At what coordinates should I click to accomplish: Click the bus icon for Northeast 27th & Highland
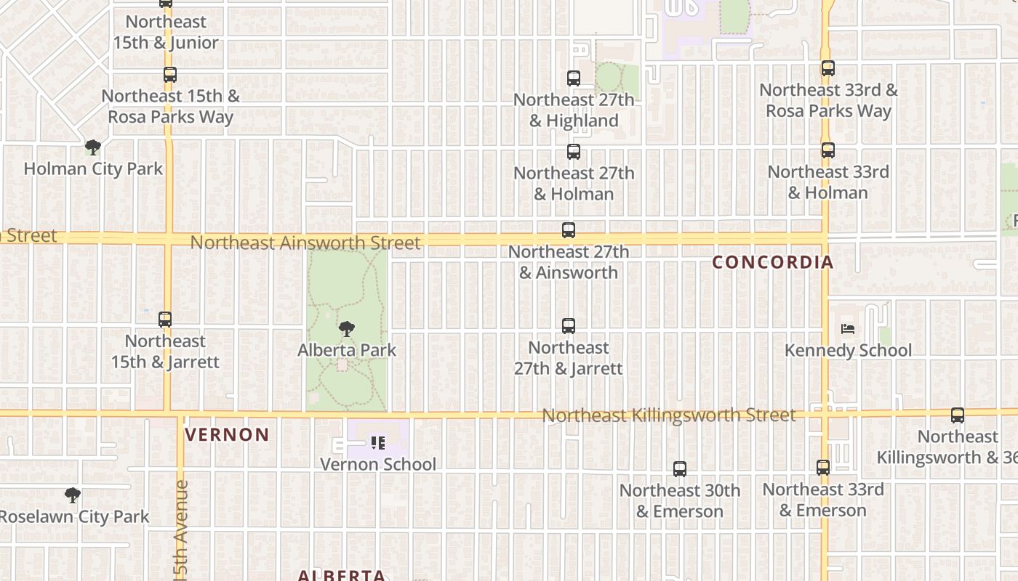click(574, 78)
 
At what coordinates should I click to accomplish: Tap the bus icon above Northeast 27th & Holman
click(574, 152)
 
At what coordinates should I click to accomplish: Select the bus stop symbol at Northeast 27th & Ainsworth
click(569, 230)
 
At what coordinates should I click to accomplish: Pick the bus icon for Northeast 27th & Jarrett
click(569, 326)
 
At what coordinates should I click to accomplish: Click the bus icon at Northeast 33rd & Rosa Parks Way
click(827, 68)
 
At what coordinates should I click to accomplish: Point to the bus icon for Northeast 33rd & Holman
click(827, 150)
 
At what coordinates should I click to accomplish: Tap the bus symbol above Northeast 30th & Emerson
click(680, 469)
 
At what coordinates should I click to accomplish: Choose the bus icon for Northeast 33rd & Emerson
click(823, 468)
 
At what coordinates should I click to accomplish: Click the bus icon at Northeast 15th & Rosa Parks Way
click(170, 74)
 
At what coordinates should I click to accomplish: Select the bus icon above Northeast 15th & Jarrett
click(165, 320)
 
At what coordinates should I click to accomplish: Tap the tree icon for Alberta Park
click(347, 329)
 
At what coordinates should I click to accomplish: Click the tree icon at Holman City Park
click(92, 147)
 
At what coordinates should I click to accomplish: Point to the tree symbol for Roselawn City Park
click(72, 495)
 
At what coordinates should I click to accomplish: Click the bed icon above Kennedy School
click(848, 329)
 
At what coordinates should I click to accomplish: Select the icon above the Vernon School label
click(378, 442)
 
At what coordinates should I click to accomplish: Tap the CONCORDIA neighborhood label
click(772, 262)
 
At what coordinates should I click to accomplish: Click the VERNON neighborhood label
click(227, 435)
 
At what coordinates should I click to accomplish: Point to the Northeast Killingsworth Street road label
click(669, 415)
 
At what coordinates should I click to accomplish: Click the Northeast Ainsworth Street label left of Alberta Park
click(305, 243)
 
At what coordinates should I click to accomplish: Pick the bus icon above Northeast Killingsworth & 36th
click(958, 415)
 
